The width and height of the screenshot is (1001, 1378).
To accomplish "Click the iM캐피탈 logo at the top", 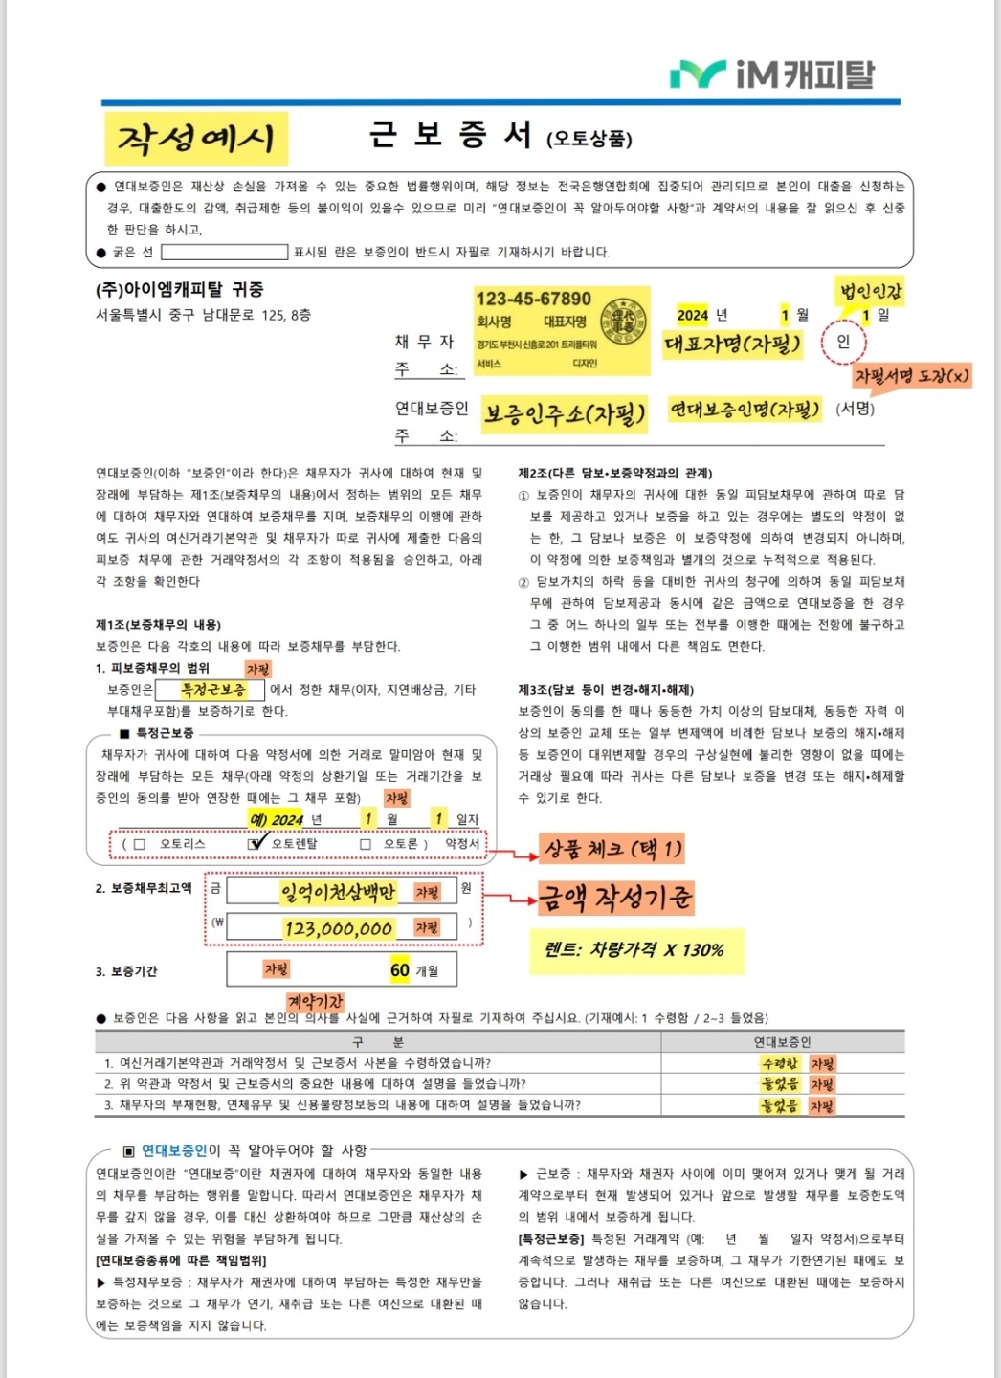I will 771,74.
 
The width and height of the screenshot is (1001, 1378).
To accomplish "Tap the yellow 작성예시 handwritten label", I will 195,139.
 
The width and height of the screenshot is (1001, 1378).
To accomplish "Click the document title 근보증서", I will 450,135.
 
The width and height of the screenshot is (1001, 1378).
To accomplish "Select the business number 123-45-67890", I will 533,299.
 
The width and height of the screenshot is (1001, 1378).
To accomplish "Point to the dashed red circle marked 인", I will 842,342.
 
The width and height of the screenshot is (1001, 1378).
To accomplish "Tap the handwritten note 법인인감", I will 871,290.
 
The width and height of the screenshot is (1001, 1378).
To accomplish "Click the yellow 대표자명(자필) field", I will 732,344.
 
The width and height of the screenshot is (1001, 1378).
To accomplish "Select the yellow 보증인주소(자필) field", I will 564,413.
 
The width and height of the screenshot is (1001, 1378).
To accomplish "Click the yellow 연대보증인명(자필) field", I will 745,410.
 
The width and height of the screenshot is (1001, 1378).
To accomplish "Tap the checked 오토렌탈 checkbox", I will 255,844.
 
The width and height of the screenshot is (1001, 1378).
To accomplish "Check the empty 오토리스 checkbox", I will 140,844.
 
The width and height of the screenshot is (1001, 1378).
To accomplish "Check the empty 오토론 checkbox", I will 365,844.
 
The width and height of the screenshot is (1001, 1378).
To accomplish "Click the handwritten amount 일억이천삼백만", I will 337,892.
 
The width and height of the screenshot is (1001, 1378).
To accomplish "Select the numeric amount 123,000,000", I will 338,928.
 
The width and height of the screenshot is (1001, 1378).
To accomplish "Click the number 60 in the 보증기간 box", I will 399,969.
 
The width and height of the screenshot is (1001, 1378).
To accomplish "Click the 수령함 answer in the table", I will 780,1063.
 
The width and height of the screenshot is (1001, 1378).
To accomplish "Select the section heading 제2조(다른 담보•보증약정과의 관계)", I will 614,473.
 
